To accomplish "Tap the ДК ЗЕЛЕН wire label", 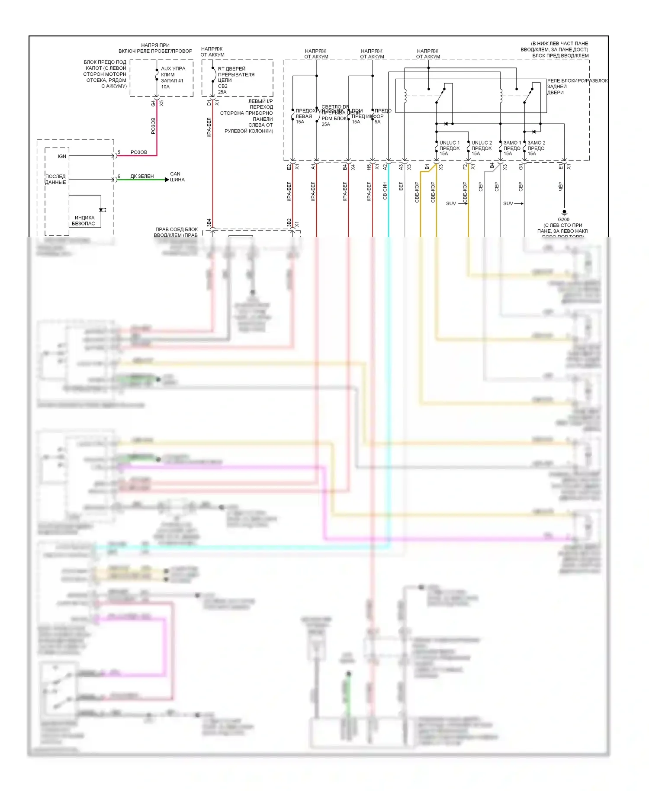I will [142, 176].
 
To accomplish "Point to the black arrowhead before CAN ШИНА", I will [167, 180].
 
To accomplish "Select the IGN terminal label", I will [62, 156].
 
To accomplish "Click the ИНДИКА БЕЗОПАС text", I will [84, 221].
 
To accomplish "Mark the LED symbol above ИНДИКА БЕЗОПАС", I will [102, 210].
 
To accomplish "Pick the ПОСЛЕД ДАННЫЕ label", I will [56, 179].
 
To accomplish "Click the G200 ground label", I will [563, 219].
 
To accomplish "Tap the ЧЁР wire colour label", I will [561, 186].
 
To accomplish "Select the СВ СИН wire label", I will [385, 190].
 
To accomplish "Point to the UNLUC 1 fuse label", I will [449, 142].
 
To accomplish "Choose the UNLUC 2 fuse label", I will [481, 142].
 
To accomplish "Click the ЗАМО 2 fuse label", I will [536, 142].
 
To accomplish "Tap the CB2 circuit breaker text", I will [222, 86].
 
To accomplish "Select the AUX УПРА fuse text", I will [173, 68].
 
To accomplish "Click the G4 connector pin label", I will [153, 103].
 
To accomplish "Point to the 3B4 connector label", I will [209, 222].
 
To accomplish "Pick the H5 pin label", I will [369, 167].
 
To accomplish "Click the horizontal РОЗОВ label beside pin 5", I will [139, 152].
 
